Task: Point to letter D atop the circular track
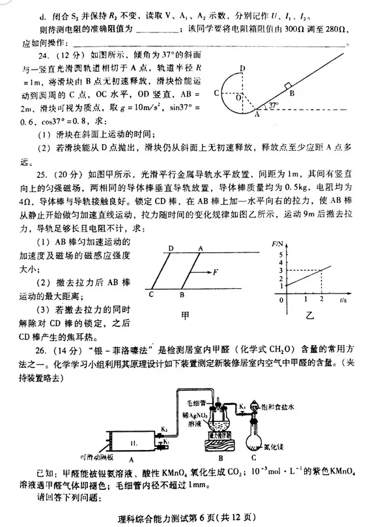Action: [x=242, y=68]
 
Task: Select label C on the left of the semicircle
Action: [x=216, y=95]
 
